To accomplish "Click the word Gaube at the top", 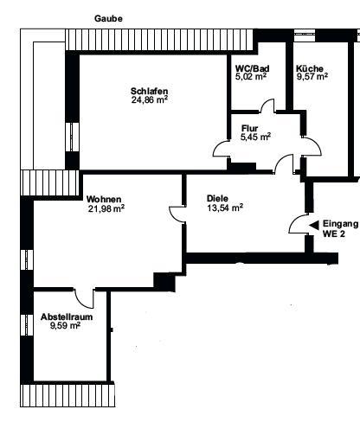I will click(x=108, y=16).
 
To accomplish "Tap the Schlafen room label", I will click(x=149, y=91).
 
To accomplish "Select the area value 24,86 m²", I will click(x=149, y=100).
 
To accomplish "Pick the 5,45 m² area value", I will click(x=255, y=136).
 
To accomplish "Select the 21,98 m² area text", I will click(x=106, y=208).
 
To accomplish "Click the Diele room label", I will click(x=218, y=197).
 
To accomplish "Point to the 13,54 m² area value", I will click(x=224, y=208).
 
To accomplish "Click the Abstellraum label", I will click(x=65, y=317).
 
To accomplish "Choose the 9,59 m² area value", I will click(x=65, y=327).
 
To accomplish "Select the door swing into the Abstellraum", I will click(x=85, y=299).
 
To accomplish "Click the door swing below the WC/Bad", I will click(x=269, y=108).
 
